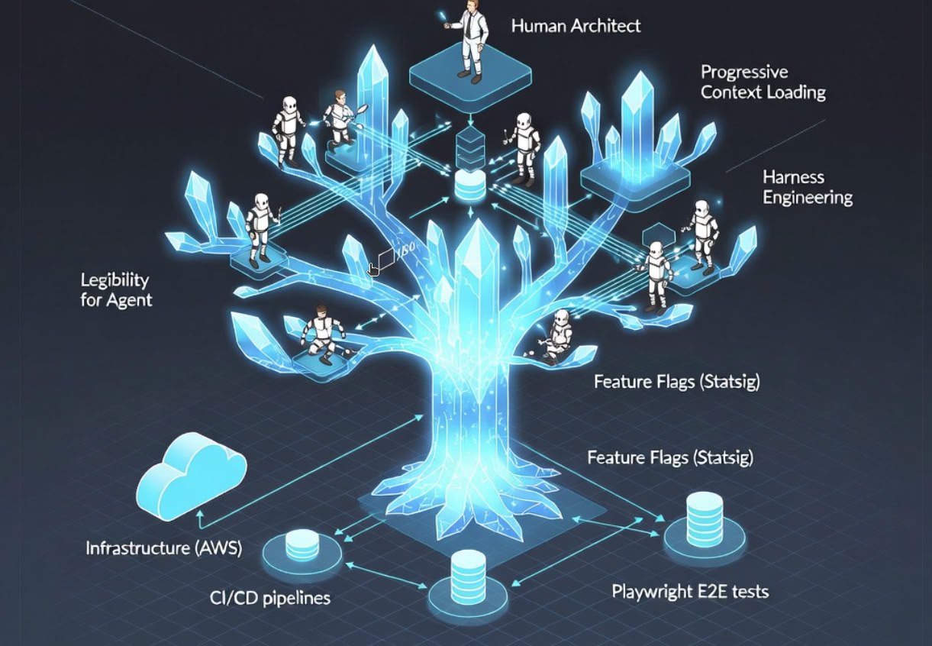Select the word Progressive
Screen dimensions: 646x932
[x=744, y=73]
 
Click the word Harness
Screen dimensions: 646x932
[x=793, y=177]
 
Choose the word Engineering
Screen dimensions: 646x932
[x=808, y=198]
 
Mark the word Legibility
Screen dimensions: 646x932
[x=114, y=280]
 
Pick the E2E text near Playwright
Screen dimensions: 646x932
[x=718, y=591]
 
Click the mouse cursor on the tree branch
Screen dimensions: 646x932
[x=373, y=269]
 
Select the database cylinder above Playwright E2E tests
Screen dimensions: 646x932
[x=704, y=518]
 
